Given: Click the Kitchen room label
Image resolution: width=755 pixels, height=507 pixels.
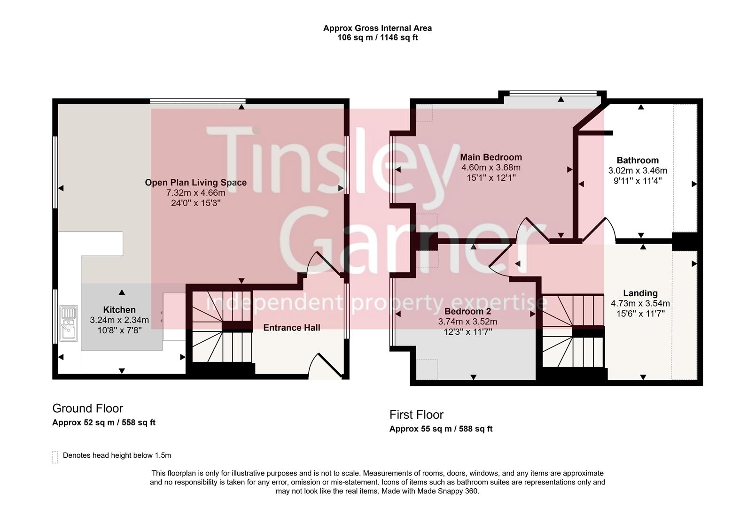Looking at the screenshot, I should [119, 310].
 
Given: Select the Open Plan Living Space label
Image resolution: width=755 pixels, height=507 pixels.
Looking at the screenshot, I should [195, 183].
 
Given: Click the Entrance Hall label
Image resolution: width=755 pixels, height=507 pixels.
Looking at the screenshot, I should [291, 328].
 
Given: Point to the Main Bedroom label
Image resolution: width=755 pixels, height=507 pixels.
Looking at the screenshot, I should [490, 157].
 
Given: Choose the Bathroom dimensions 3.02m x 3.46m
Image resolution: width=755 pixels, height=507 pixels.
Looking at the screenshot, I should [637, 171].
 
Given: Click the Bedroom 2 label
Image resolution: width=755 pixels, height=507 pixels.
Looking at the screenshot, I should [467, 311].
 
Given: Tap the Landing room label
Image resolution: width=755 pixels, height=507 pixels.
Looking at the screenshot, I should [640, 293].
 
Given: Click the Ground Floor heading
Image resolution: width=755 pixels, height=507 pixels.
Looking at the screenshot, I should [87, 408].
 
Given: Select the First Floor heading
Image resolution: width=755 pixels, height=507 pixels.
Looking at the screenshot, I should [416, 415].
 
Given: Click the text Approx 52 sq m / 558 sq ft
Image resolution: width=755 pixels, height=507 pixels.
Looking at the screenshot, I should [103, 422].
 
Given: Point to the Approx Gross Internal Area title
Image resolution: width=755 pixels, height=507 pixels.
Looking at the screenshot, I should [377, 28].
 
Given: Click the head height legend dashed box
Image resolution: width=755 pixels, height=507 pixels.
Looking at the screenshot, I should [55, 457].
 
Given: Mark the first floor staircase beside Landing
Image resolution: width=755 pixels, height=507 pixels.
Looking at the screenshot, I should [573, 331].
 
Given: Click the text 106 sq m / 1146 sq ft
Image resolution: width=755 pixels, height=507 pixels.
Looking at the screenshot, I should [377, 38].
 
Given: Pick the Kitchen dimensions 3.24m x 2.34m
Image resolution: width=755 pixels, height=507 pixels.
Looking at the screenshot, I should [119, 320].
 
